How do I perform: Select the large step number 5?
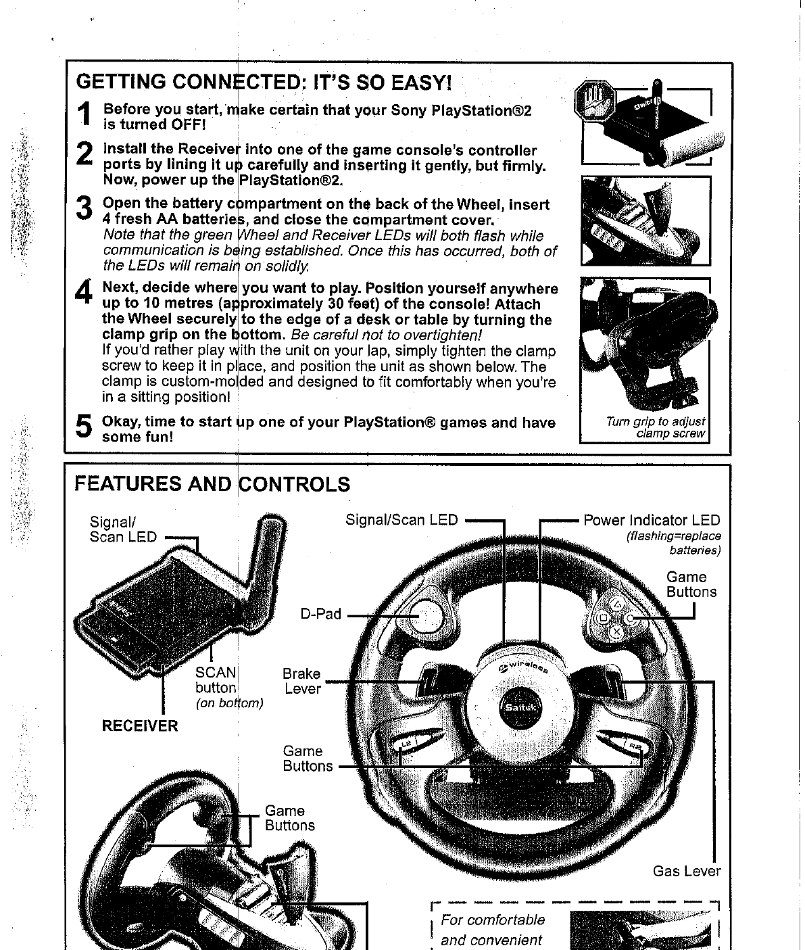pos(84,427)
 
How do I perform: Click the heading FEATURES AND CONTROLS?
pos(212,484)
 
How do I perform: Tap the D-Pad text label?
pos(321,615)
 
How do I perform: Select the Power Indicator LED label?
pos(652,520)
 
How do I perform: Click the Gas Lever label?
pos(686,871)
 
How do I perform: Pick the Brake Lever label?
pos(301,681)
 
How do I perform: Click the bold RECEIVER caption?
pos(140,726)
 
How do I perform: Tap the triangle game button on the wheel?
pos(616,605)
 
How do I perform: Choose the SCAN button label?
pos(216,680)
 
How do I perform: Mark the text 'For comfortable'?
pos(492,920)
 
